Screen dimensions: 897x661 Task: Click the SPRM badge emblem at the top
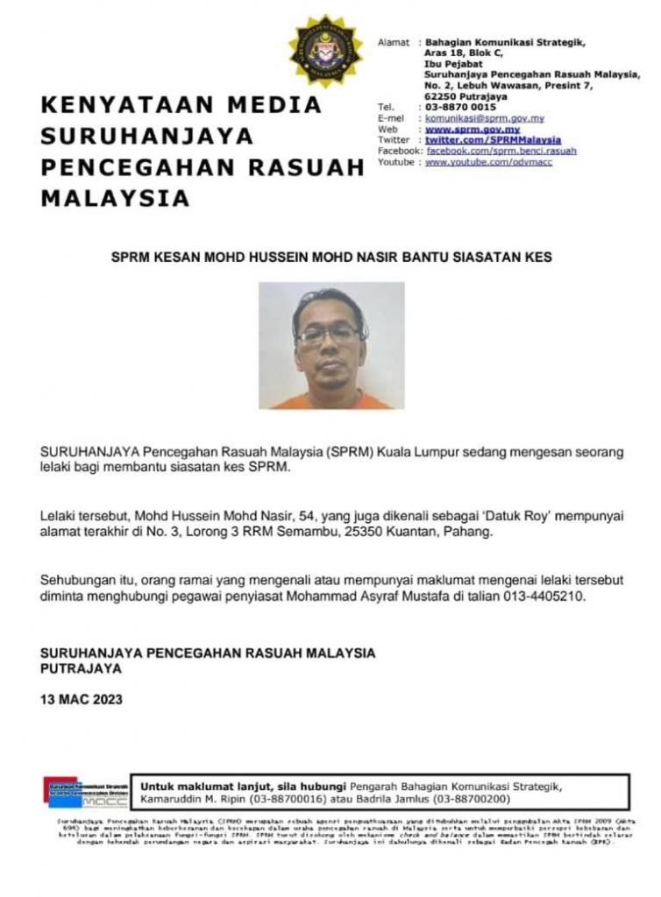[325, 52]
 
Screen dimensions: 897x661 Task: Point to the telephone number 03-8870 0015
[460, 107]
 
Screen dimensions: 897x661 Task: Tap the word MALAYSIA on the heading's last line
[116, 199]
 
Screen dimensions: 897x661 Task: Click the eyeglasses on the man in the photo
[329, 334]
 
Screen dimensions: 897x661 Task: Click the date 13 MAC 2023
[82, 699]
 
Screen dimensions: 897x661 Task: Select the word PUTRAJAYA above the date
[82, 667]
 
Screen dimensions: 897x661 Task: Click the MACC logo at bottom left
[87, 790]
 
